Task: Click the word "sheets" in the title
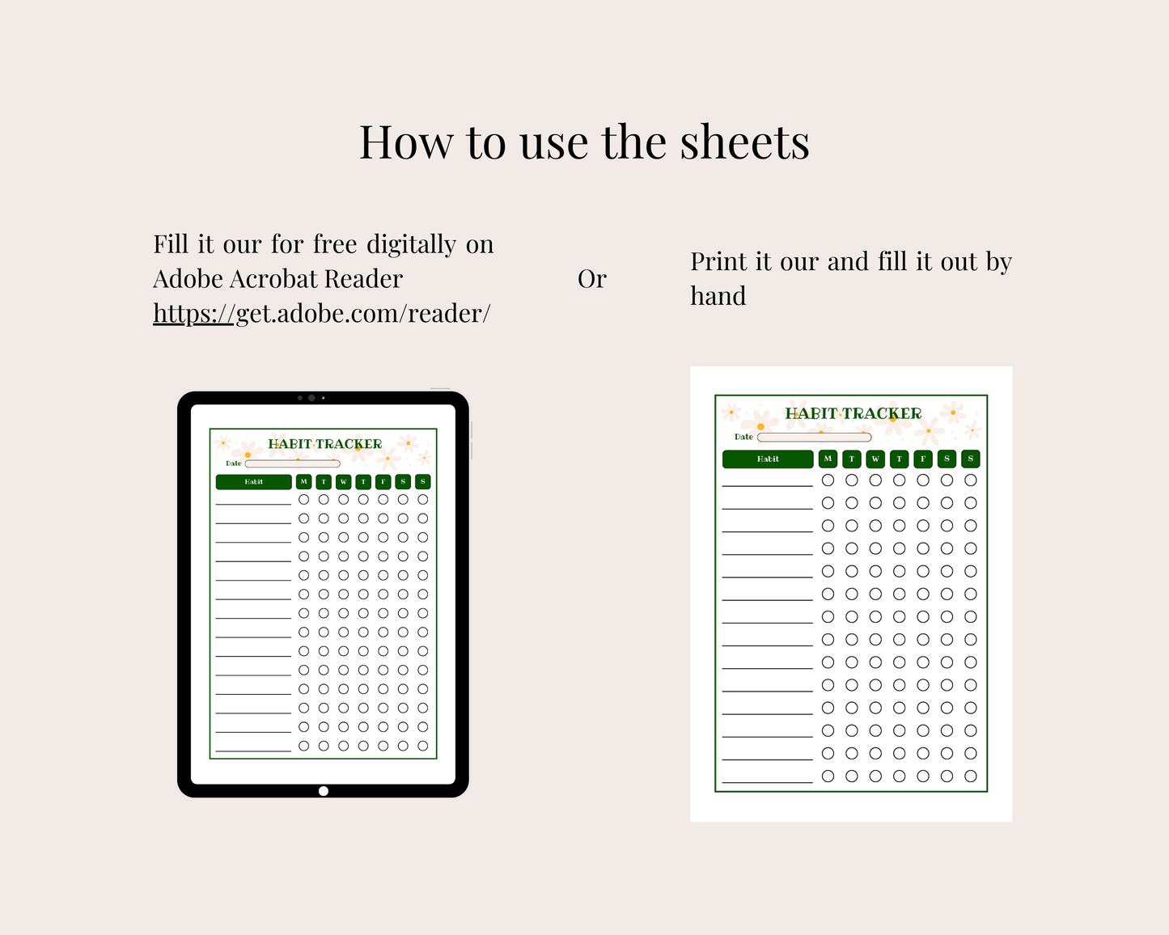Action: click(x=745, y=142)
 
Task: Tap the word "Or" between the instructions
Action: click(x=592, y=279)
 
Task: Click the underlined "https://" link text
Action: click(x=193, y=314)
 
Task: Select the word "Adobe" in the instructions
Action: click(x=188, y=279)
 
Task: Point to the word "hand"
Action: click(x=718, y=296)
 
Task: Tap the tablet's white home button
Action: click(x=324, y=791)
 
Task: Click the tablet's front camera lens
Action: click(x=311, y=398)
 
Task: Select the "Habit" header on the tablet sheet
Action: click(x=254, y=482)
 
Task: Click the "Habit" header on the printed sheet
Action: click(x=768, y=459)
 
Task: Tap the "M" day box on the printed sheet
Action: click(x=828, y=459)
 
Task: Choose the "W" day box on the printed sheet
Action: click(x=875, y=459)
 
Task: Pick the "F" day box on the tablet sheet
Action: click(x=383, y=482)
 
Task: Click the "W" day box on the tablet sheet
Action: click(x=343, y=482)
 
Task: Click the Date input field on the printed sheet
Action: click(x=815, y=438)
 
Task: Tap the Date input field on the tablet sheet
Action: click(x=292, y=464)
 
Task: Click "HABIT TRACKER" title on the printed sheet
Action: click(x=853, y=414)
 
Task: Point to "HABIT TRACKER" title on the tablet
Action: click(x=325, y=444)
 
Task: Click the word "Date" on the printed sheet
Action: click(x=743, y=437)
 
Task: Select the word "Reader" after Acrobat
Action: click(x=363, y=279)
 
